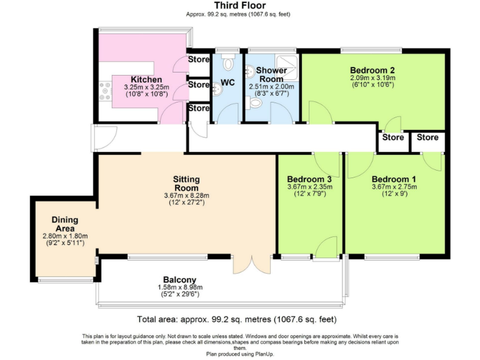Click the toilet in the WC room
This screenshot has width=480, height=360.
pyautogui.click(x=227, y=62)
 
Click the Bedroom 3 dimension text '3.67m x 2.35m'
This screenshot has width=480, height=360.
pyautogui.click(x=308, y=186)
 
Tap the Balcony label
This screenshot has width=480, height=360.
pyautogui.click(x=179, y=279)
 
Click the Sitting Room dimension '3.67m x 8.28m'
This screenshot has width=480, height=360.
pyautogui.click(x=186, y=195)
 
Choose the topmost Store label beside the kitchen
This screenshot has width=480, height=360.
pyautogui.click(x=199, y=61)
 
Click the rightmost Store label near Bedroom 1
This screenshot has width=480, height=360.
pyautogui.click(x=428, y=137)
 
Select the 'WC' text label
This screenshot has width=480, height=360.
pyautogui.click(x=226, y=81)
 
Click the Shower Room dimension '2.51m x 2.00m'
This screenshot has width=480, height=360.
pyautogui.click(x=271, y=87)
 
